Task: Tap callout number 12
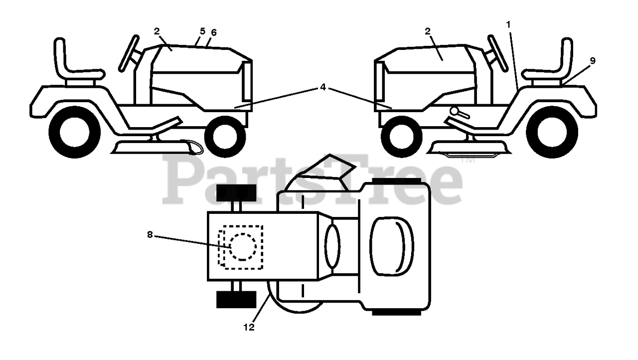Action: pos(249,327)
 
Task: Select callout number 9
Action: pos(592,61)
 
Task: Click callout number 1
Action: pos(508,23)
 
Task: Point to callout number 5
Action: pos(202,31)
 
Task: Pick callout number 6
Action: pos(214,32)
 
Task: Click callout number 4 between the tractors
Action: pos(323,87)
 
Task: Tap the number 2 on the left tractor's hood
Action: pos(157,31)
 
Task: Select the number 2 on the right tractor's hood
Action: pos(428,31)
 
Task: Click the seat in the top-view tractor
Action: pos(391,245)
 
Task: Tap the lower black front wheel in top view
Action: pos(236,299)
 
